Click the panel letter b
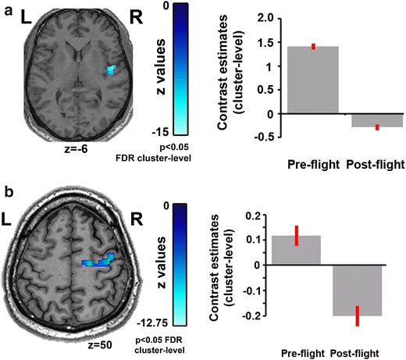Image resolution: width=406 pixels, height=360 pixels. point(6,191)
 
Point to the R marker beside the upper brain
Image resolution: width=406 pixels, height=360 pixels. point(137,18)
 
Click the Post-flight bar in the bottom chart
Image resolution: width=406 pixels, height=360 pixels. point(358,290)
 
